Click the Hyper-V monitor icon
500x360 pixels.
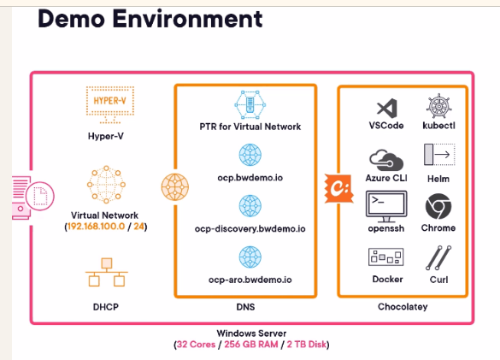point(110,104)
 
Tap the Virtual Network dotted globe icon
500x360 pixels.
point(106,184)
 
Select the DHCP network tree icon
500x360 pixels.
point(107,272)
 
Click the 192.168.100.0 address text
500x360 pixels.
point(96,227)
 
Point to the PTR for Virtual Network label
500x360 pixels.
point(250,127)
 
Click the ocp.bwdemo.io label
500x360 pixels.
point(250,178)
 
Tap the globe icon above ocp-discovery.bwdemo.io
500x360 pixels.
point(250,206)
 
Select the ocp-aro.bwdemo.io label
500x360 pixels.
point(250,280)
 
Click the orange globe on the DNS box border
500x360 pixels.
point(174,187)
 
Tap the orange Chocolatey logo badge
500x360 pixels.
point(338,188)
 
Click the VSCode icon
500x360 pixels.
point(387,109)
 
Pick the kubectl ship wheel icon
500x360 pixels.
point(438,106)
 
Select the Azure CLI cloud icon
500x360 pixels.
point(386,161)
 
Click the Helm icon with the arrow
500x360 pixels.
point(439,155)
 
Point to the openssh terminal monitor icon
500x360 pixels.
point(386,206)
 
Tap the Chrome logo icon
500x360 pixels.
point(438,206)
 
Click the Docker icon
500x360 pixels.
point(385,257)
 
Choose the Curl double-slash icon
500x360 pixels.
point(438,258)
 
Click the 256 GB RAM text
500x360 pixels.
point(251,345)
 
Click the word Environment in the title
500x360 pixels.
point(187,19)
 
